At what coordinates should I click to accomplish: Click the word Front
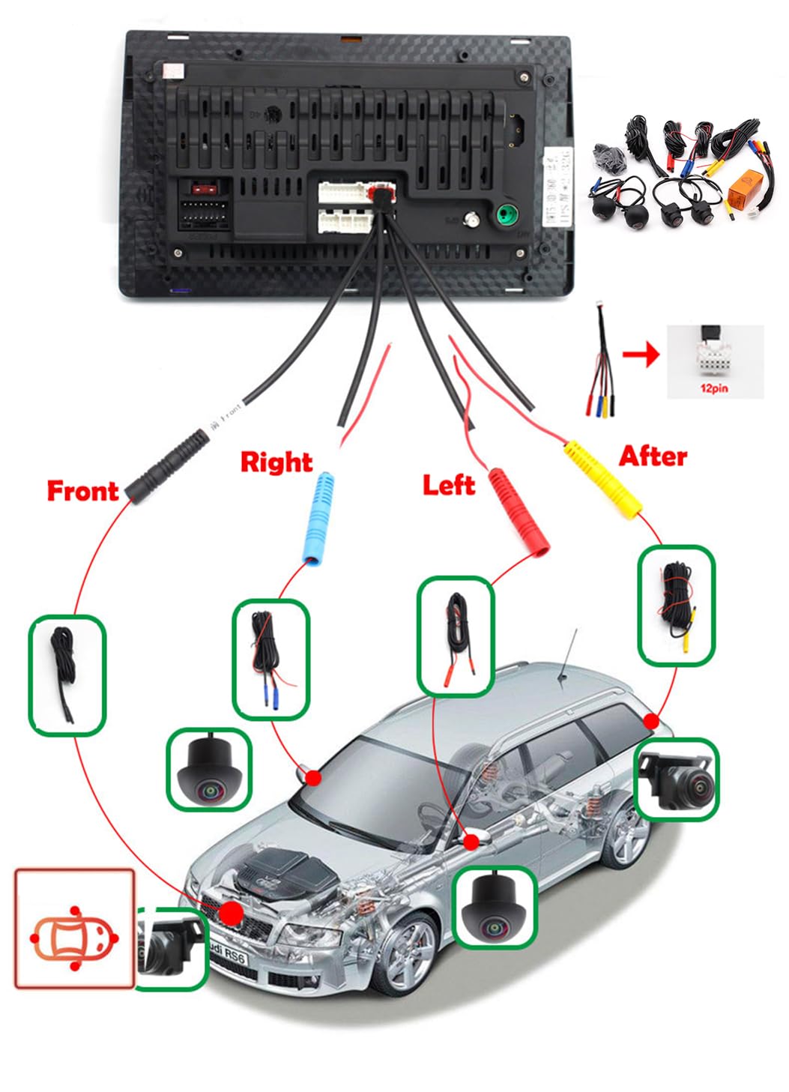coord(82,491)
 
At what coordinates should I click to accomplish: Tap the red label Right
coord(276,462)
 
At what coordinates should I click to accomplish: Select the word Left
coord(448,485)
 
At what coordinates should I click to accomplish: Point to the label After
coord(653,456)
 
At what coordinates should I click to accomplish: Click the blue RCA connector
coord(317,518)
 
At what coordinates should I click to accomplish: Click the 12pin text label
coord(713,388)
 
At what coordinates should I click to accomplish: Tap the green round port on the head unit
coord(507,217)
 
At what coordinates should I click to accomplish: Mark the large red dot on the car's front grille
coord(232,913)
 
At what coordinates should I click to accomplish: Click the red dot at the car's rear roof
coord(651,721)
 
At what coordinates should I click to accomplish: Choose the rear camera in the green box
coord(677,781)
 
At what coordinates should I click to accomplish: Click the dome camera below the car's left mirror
coord(495,907)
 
